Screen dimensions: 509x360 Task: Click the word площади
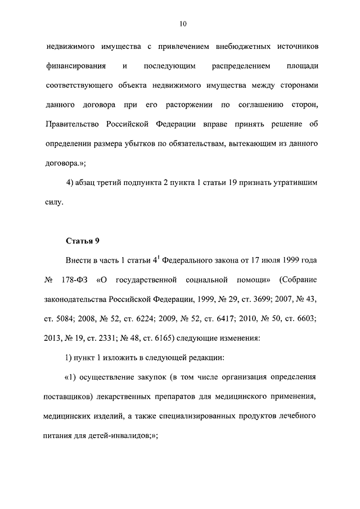pyautogui.click(x=303, y=66)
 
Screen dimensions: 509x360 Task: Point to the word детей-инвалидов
pyautogui.click(x=123, y=435)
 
